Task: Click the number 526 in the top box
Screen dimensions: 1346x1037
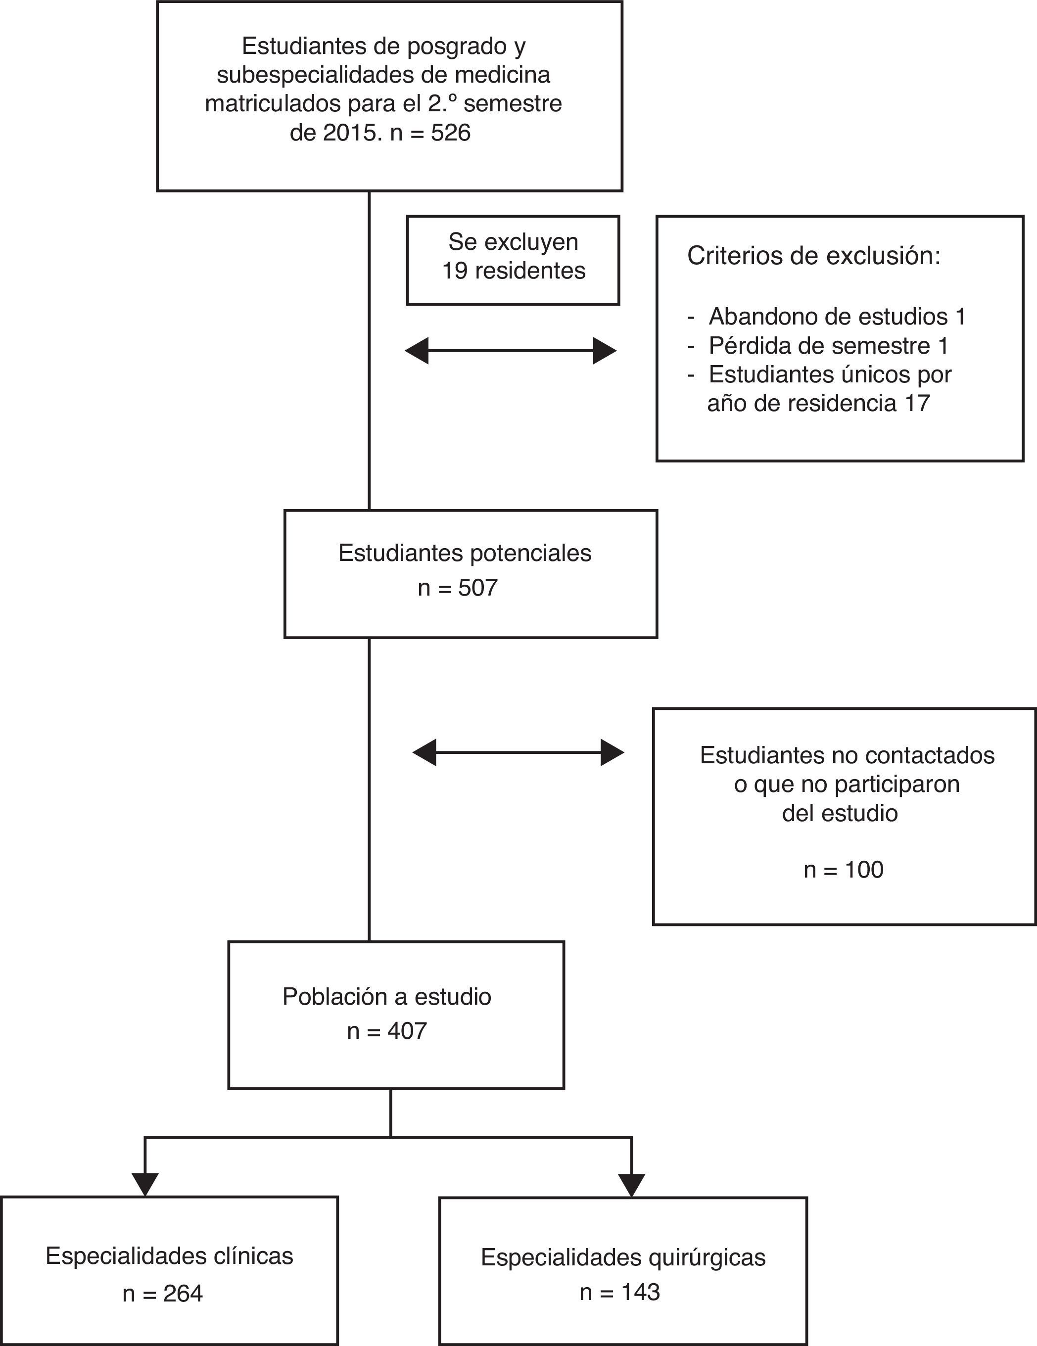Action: click(451, 133)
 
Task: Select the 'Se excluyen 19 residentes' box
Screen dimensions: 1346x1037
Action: click(513, 260)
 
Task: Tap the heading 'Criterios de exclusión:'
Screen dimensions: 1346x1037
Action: click(814, 256)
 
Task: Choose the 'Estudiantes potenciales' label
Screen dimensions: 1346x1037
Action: click(465, 553)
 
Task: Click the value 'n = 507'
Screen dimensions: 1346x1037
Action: click(458, 588)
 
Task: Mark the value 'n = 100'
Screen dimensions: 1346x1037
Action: click(844, 870)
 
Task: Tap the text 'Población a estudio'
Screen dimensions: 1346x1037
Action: click(386, 997)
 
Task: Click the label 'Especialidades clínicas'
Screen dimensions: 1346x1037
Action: click(170, 1256)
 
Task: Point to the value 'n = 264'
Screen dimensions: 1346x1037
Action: click(163, 1294)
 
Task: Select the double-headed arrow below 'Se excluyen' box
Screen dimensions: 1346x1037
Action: click(511, 351)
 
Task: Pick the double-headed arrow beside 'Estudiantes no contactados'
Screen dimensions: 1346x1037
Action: click(518, 752)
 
